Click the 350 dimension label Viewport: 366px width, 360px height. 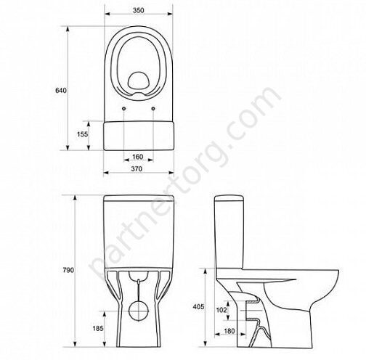138,10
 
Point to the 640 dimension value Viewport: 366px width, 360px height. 61,91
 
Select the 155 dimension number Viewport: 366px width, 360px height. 83,134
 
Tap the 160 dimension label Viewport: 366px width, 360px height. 137,157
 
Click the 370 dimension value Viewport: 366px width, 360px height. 137,169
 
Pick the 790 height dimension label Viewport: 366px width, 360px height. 68,270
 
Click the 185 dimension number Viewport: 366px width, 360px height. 98,328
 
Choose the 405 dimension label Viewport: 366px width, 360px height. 198,307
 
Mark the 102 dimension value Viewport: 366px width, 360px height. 221,310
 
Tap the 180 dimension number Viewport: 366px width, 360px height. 229,331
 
